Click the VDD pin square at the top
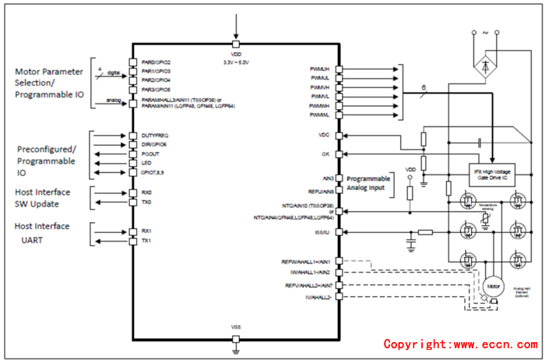click(x=235, y=43)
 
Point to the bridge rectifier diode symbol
click(x=487, y=67)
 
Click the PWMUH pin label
click(x=319, y=69)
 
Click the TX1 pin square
click(x=132, y=240)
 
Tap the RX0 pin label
click(x=147, y=192)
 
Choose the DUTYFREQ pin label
click(x=155, y=136)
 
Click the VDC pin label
click(x=324, y=135)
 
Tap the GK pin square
click(x=339, y=154)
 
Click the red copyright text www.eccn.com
click(x=459, y=344)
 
